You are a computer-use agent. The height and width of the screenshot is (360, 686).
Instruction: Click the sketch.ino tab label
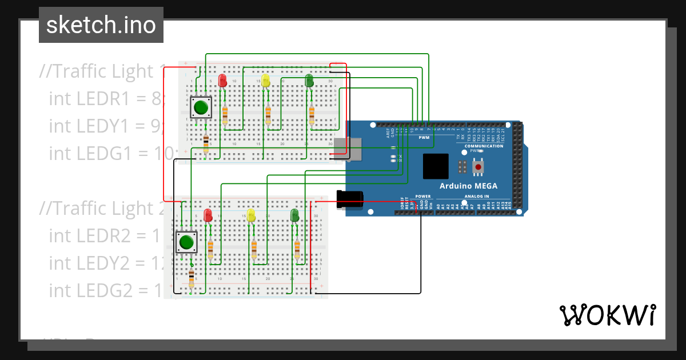(101, 25)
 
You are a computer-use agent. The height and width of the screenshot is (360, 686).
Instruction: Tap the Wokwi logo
(607, 315)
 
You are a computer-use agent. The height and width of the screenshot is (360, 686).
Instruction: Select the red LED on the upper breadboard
(223, 80)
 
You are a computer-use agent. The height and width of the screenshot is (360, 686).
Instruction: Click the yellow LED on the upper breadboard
(265, 80)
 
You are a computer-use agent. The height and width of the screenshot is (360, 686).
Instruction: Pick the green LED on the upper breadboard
(309, 80)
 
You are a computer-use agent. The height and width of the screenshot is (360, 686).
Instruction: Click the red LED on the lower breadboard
(209, 215)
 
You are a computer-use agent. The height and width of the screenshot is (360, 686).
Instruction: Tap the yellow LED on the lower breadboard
(251, 215)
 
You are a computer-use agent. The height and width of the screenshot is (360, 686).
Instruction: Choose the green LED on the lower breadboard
(295, 215)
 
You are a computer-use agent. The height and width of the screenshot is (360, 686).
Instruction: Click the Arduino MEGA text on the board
(468, 186)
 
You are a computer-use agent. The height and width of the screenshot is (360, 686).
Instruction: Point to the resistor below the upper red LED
(225, 115)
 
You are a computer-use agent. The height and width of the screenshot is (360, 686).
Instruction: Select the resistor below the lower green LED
(297, 249)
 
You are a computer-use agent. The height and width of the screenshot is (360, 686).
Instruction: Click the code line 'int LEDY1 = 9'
(106, 126)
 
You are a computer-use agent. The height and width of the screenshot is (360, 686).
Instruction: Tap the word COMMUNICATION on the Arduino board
(484, 146)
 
